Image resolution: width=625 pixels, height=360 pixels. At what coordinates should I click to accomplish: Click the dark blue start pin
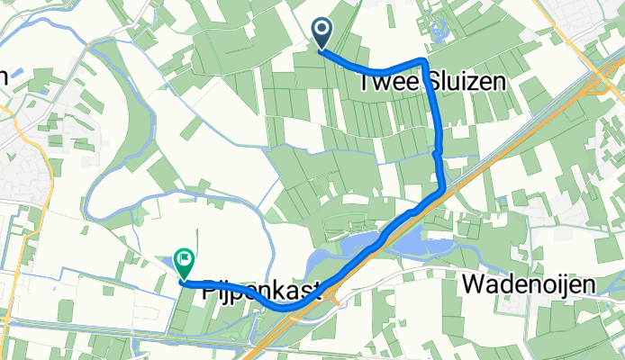[x=322, y=35]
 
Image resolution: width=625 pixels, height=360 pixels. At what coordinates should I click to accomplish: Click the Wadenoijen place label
[x=530, y=285]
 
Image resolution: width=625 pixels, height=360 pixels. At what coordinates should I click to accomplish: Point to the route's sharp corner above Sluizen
[x=423, y=59]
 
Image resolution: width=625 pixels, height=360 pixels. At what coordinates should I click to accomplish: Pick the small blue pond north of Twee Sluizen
[x=439, y=35]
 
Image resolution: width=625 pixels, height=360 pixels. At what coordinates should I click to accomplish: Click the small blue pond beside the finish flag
[x=171, y=262]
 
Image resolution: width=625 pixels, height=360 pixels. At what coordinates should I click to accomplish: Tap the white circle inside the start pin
[x=322, y=31]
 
